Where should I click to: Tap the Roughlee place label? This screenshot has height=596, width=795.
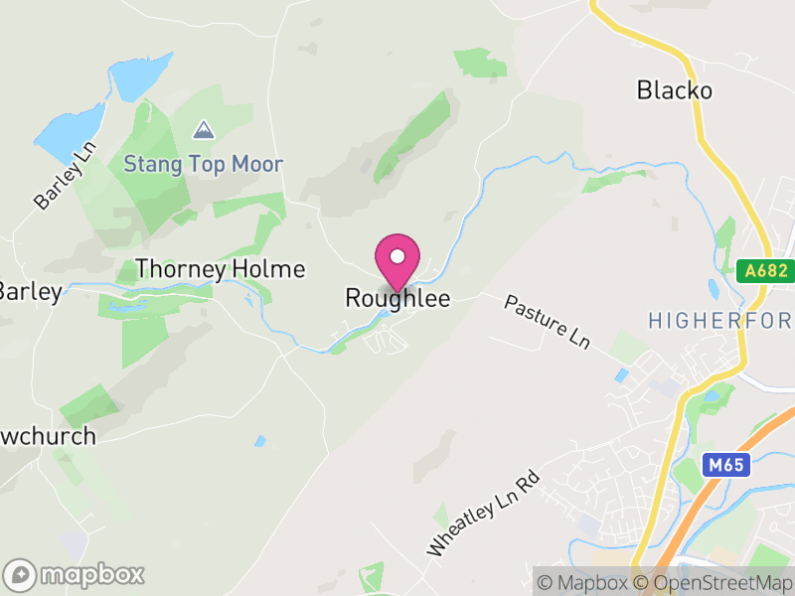(397, 298)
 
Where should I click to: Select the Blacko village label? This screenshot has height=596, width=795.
(674, 90)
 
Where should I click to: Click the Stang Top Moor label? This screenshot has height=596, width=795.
(203, 164)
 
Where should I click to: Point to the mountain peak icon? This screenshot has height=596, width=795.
(203, 130)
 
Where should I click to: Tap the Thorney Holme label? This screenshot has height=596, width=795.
(220, 269)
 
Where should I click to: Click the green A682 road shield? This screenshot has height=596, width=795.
(766, 269)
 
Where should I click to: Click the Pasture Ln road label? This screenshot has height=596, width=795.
(547, 321)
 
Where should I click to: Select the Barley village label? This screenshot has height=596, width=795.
(30, 291)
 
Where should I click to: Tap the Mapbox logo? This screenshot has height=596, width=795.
(76, 574)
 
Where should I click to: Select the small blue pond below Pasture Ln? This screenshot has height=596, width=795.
(622, 375)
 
